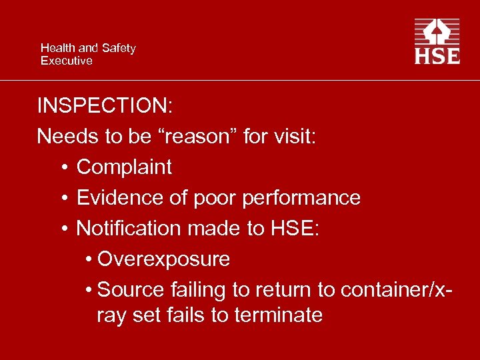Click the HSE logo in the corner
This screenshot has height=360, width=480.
(437, 41)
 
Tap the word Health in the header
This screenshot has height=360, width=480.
(58, 48)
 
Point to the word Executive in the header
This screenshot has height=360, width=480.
(66, 61)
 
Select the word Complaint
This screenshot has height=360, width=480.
(124, 167)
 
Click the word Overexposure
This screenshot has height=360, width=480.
(163, 259)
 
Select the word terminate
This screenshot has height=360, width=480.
(278, 315)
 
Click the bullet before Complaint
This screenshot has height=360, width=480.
(61, 167)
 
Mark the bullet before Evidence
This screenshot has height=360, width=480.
(61, 198)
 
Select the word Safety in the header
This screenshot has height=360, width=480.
(118, 48)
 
